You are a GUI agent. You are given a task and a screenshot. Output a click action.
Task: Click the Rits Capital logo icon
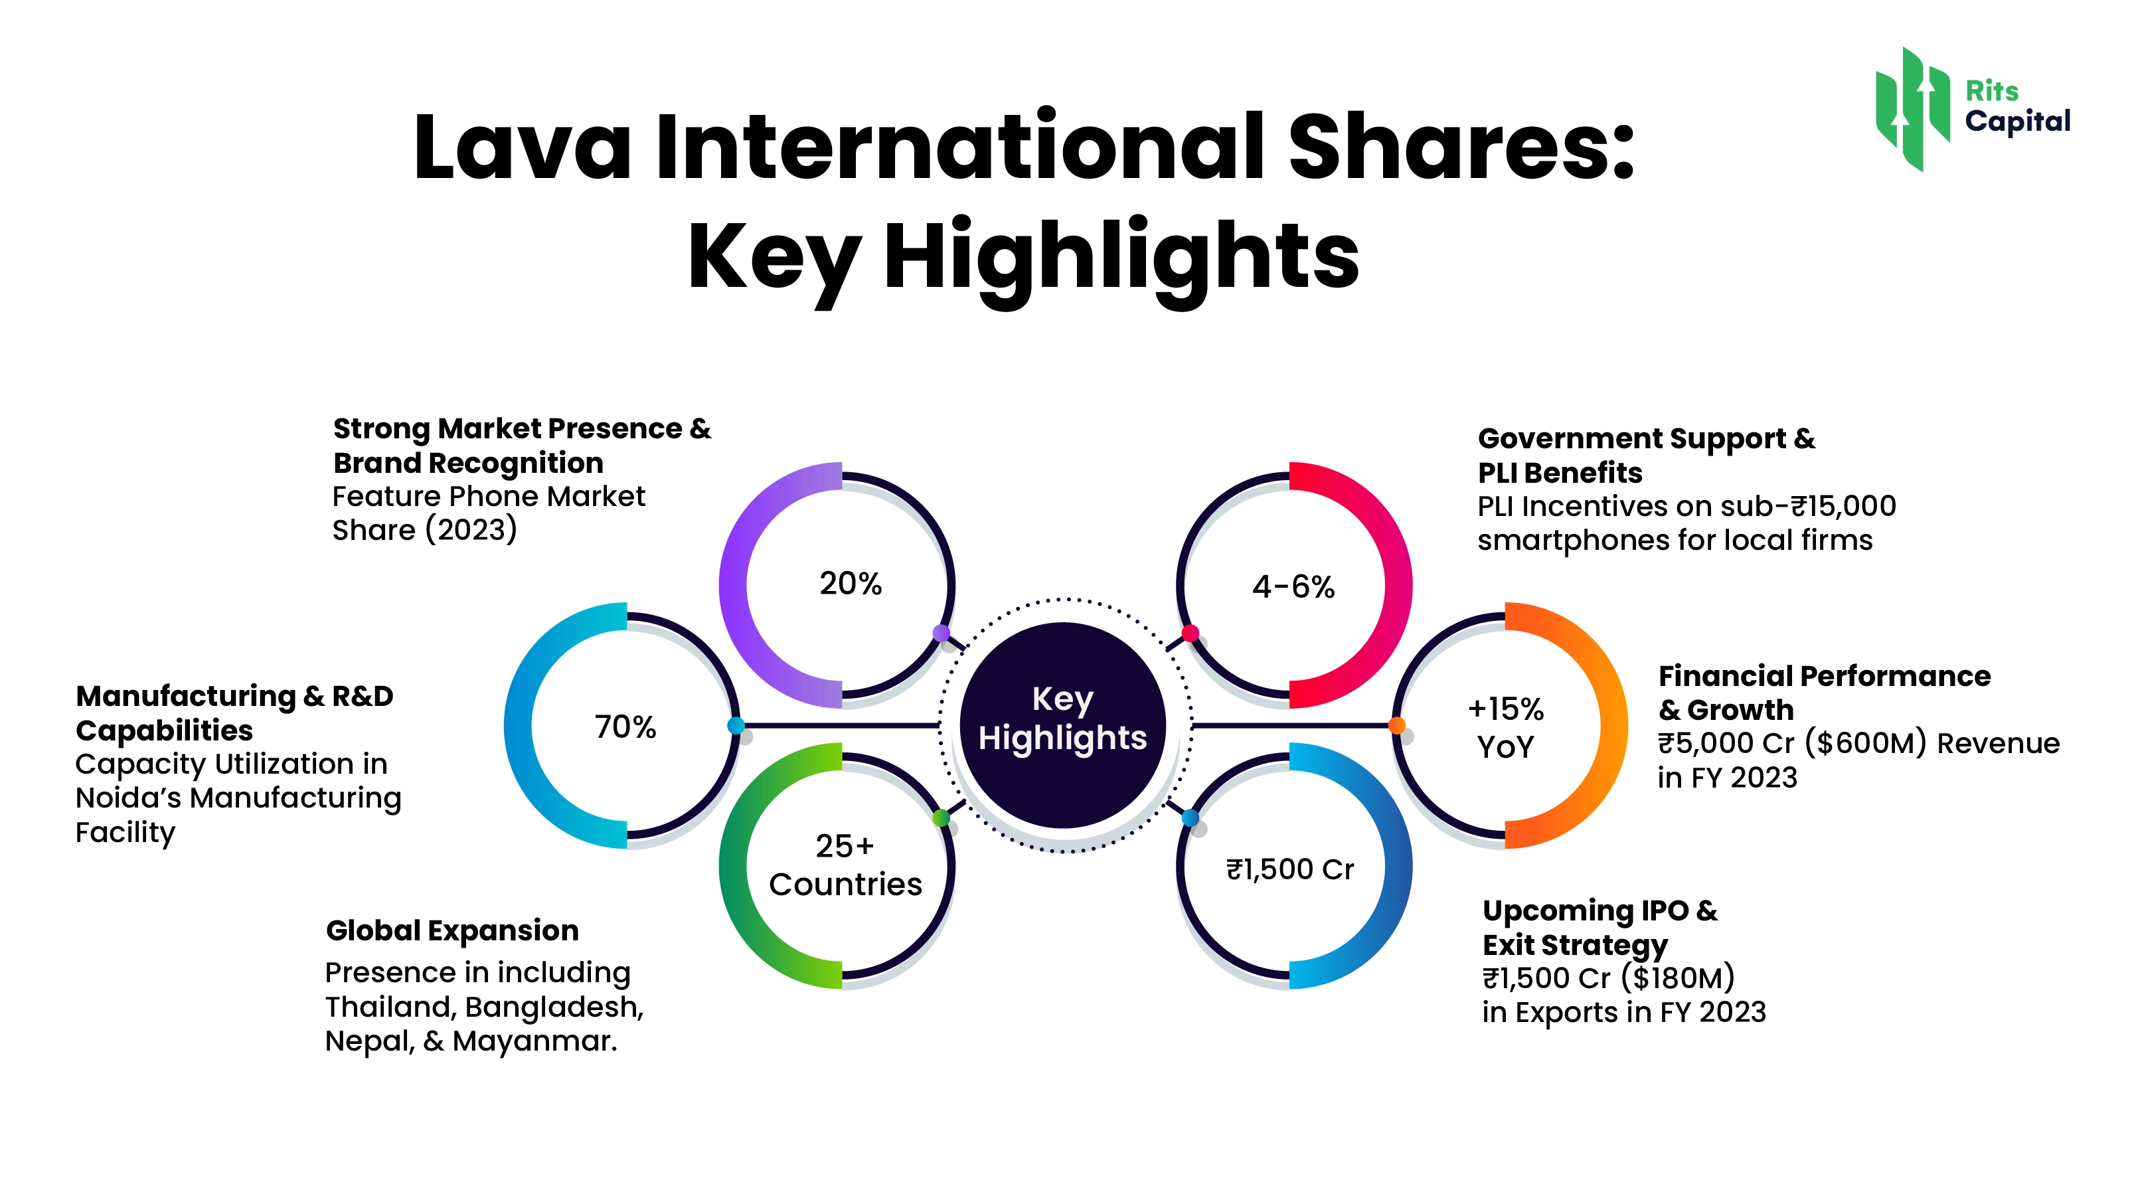[x=1912, y=109]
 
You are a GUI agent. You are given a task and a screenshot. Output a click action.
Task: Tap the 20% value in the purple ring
[x=851, y=584]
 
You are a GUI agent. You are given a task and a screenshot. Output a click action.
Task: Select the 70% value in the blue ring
[x=625, y=727]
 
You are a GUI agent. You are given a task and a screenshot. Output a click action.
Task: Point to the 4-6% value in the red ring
[x=1293, y=587]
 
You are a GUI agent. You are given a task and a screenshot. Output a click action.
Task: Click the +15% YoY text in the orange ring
[x=1506, y=728]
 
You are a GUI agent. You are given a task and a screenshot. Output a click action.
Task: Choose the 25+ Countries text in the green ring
[x=845, y=865]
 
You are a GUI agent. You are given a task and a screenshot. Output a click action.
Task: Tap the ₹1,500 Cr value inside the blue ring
[x=1290, y=869]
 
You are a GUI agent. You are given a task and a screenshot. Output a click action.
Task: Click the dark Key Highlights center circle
[x=1063, y=726]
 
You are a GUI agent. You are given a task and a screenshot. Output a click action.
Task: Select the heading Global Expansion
[x=452, y=930]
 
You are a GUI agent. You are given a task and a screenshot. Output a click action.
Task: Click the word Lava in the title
[x=522, y=147]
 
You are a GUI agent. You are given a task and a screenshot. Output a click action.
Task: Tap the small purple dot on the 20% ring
[x=941, y=634]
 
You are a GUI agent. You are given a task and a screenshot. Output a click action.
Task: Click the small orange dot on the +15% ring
[x=1397, y=727]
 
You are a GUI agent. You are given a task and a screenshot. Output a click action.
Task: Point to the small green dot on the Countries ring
[x=941, y=818]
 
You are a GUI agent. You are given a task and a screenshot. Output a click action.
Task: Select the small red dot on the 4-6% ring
[x=1191, y=634]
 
